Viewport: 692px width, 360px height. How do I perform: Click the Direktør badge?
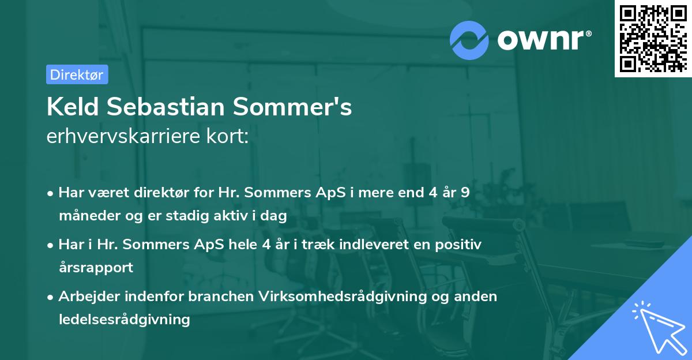pos(77,74)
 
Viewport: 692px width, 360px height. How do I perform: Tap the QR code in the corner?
pos(653,39)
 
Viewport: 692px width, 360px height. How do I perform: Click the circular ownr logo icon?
pos(469,40)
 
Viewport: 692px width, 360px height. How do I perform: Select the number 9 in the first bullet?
pos(465,193)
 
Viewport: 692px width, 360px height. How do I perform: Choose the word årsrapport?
pos(96,267)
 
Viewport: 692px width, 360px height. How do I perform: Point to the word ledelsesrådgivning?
pos(124,319)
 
